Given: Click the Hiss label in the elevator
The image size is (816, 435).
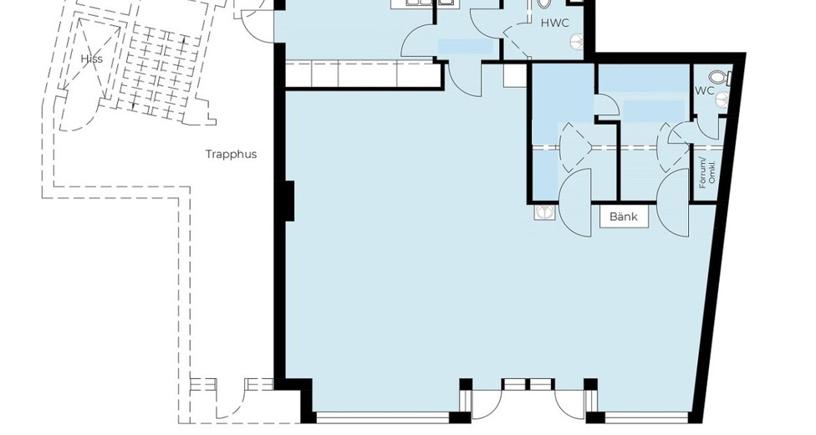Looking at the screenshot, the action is [92, 59].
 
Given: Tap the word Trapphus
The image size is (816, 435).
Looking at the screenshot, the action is [231, 154].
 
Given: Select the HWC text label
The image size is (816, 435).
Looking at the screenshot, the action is [555, 23].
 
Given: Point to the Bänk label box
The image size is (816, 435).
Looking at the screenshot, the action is [624, 216].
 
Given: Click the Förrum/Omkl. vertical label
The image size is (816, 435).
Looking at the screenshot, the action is [707, 172].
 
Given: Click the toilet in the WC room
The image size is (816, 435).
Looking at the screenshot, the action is [722, 78].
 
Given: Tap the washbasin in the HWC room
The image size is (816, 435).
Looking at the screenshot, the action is [577, 40].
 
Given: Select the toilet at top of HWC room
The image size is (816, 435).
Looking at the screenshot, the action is [543, 3].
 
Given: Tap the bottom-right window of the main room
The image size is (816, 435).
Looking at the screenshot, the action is [647, 417].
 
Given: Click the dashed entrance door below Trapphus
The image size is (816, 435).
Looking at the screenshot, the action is [231, 404].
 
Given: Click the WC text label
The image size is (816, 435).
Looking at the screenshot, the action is [705, 90].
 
